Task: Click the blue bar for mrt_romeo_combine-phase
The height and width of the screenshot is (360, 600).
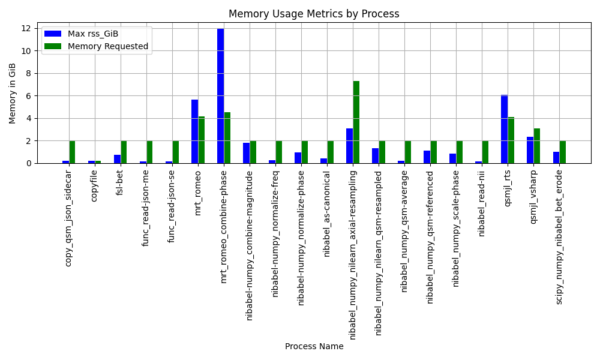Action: (x=220, y=96)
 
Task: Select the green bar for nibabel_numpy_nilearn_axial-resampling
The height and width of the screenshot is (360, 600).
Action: (x=356, y=122)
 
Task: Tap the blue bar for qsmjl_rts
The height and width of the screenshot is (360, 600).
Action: (x=505, y=129)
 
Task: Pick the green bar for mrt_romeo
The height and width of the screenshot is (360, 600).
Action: (x=201, y=140)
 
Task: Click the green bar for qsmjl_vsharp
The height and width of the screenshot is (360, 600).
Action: (x=537, y=146)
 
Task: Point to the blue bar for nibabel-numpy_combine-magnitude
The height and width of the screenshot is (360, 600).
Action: (x=247, y=153)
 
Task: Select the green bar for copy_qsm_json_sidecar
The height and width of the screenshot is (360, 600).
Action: (x=73, y=152)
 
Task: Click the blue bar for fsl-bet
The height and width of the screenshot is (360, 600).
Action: (x=118, y=159)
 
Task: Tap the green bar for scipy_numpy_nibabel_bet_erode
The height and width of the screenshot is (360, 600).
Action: (x=563, y=152)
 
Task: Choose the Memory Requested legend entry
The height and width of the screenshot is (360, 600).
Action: (x=97, y=46)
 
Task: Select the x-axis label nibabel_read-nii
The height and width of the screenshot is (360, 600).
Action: (x=482, y=203)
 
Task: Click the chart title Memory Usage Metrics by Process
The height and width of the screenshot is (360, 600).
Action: (x=314, y=14)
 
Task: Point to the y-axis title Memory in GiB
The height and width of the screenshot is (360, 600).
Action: (x=12, y=94)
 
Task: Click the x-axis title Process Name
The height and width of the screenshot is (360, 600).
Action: (x=314, y=346)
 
